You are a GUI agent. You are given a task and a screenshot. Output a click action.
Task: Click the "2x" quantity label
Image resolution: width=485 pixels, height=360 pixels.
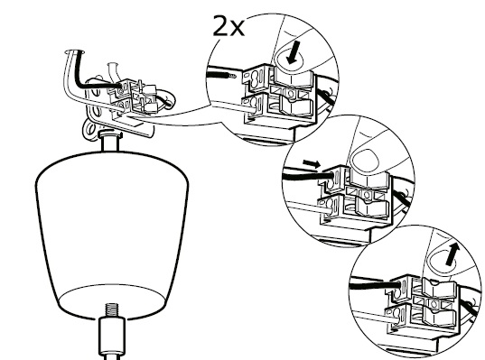(229, 26)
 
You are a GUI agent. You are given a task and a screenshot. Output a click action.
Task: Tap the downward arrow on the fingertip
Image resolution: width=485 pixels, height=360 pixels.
(293, 53)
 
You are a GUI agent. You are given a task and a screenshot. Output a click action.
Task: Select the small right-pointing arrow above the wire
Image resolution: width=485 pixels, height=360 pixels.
(312, 163)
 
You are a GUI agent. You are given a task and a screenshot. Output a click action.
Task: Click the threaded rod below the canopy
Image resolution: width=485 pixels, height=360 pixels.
(112, 310)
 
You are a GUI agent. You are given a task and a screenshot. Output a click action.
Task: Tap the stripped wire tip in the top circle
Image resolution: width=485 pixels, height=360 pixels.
(232, 75)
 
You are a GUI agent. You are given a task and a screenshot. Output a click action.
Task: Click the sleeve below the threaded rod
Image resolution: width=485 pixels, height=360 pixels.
(112, 337)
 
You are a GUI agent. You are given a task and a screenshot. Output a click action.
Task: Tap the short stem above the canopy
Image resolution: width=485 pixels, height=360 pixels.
(111, 142)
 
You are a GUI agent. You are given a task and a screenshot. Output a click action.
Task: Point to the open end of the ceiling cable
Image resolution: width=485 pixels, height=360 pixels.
(75, 51)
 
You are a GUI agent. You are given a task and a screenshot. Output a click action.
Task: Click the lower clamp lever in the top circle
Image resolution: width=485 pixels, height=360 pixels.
(296, 105)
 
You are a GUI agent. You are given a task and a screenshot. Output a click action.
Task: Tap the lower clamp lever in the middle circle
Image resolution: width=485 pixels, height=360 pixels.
(372, 206)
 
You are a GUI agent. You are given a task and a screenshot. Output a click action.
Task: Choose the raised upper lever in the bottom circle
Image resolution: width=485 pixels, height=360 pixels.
(439, 287)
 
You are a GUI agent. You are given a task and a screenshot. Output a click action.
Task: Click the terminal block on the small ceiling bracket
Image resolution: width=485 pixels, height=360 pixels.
(133, 97)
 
